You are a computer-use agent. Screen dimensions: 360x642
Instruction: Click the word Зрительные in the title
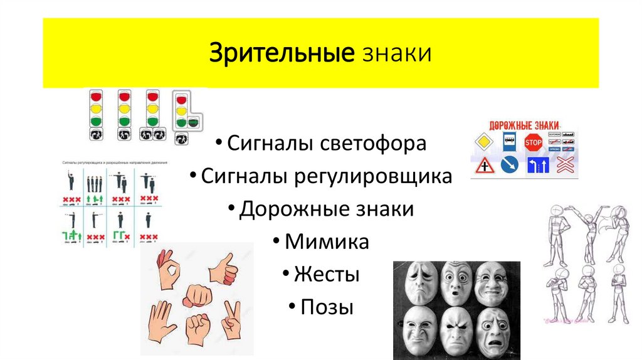tap(281, 53)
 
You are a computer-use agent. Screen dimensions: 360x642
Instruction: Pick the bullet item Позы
tap(327, 307)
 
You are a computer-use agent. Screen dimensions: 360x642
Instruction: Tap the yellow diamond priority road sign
tap(484, 142)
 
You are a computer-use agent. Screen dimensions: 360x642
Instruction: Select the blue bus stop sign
tap(508, 142)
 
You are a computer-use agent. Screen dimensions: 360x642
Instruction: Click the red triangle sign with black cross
tap(484, 166)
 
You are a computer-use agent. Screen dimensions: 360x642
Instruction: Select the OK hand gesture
tap(167, 270)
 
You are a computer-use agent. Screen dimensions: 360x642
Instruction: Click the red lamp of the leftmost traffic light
tap(97, 98)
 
